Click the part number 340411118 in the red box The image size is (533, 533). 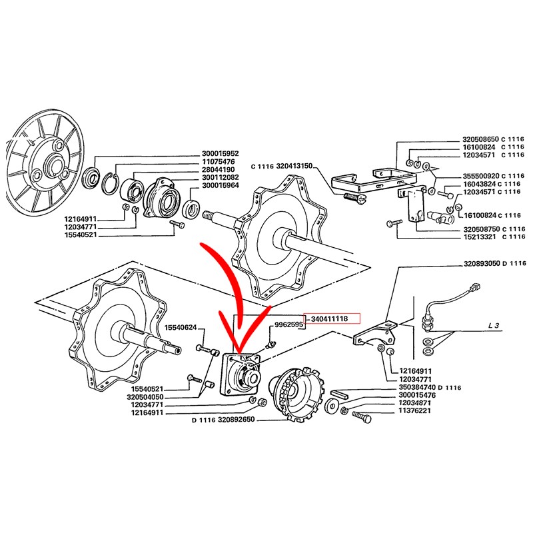(329, 318)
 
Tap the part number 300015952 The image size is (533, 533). (221, 154)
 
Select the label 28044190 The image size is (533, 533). (219, 169)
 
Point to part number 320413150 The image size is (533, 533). (294, 166)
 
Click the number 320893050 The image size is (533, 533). (482, 263)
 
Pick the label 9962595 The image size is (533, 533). (288, 324)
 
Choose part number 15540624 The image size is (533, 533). (181, 328)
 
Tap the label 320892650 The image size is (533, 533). (237, 420)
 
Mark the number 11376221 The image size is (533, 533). (414, 410)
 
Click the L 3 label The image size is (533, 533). (494, 325)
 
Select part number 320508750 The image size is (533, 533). (482, 229)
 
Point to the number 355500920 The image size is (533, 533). (481, 176)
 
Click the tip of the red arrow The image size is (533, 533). (240, 352)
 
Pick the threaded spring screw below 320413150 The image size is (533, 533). (354, 198)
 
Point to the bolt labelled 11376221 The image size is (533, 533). (362, 417)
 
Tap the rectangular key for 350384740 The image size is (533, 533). (339, 393)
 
